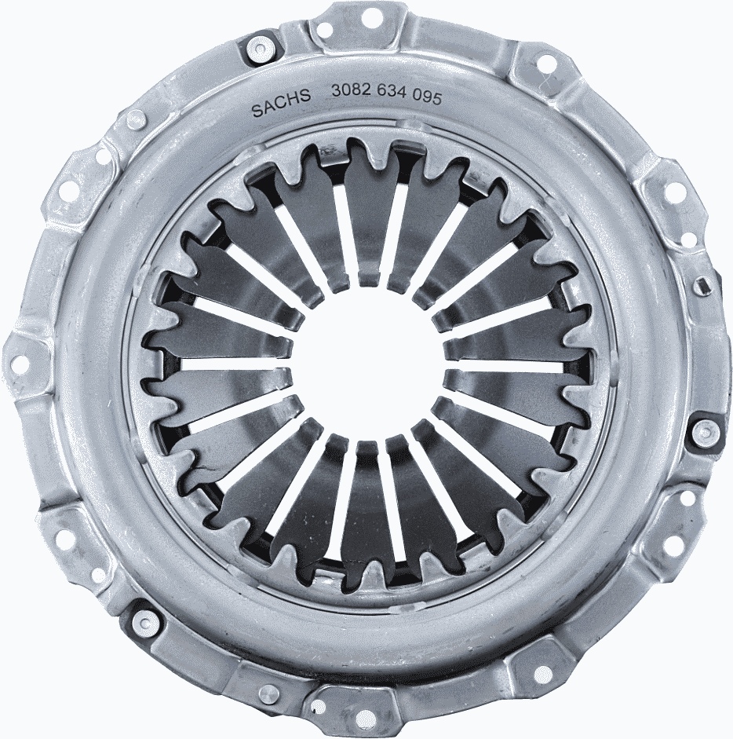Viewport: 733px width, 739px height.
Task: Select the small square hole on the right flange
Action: click(703, 286)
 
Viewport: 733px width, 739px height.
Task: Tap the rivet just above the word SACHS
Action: click(257, 52)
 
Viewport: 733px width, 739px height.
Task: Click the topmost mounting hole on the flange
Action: click(370, 16)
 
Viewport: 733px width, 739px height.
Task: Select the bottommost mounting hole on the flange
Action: click(366, 719)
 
